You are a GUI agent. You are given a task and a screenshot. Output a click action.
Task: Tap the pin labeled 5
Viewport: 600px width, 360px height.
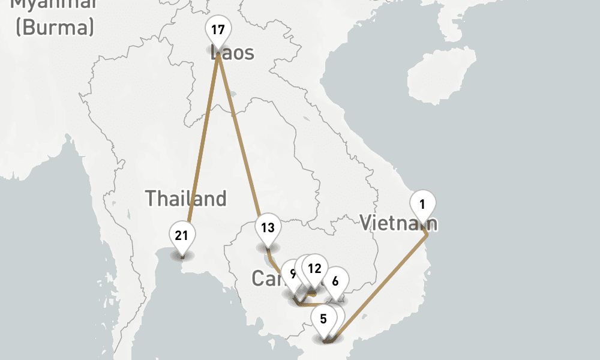coord(323,319)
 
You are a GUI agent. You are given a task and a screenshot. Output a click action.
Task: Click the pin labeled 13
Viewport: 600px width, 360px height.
coord(268,229)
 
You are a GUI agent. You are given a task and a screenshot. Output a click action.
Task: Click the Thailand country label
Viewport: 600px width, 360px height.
coord(186,199)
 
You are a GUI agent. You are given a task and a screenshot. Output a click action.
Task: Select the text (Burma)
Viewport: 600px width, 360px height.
coord(55,27)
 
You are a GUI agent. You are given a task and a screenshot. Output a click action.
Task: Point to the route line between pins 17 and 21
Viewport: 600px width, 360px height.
coord(203,138)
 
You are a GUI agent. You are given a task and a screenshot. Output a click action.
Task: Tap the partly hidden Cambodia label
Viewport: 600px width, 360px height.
coord(264,279)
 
